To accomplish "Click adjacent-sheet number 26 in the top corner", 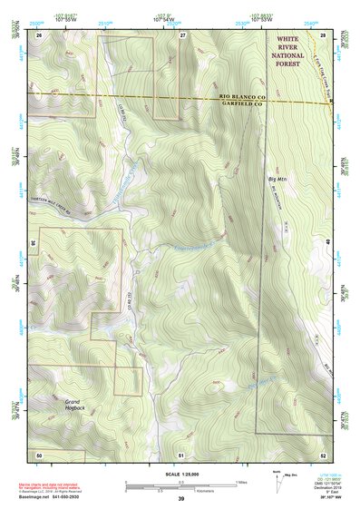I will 39,34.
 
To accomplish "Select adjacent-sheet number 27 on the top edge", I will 182,34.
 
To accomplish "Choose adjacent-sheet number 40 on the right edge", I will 328,243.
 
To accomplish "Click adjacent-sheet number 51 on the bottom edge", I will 181,453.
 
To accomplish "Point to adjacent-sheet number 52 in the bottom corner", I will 323,453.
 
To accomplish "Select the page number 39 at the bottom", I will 180,499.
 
